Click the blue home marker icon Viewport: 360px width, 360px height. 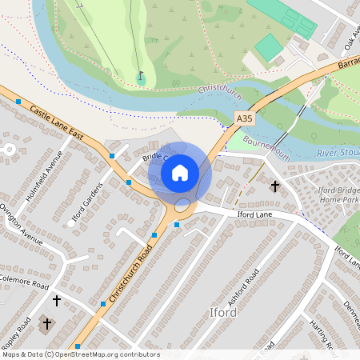[179, 172]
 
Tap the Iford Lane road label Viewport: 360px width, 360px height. [255, 214]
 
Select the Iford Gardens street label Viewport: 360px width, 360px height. [83, 205]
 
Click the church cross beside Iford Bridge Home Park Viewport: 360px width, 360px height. [275, 186]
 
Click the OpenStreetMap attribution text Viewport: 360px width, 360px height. [80, 354]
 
